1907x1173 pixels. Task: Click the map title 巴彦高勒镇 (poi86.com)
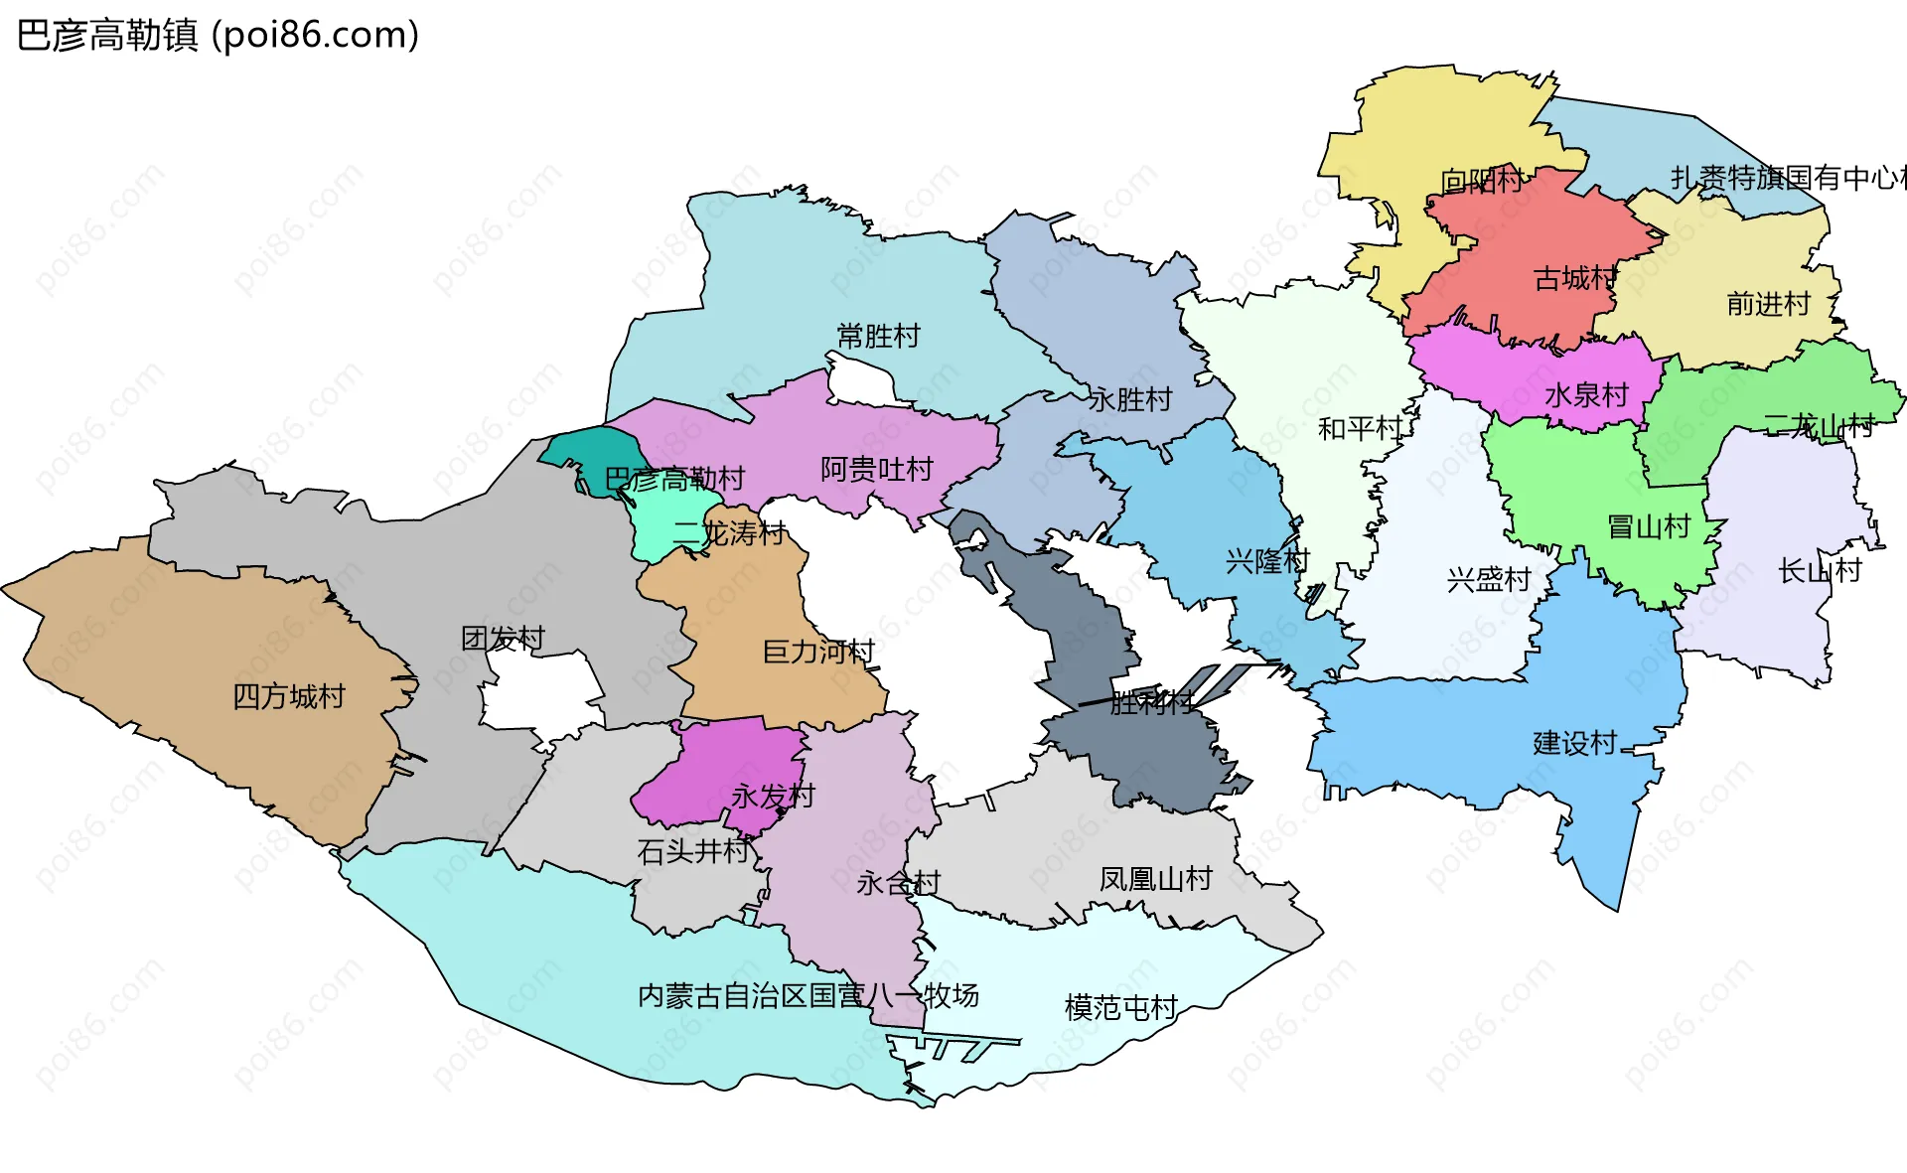click(219, 36)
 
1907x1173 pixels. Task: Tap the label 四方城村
click(289, 696)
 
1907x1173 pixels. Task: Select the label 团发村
click(504, 638)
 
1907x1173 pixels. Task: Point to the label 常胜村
click(878, 336)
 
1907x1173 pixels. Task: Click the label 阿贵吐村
click(877, 469)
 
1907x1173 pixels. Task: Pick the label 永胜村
click(1130, 399)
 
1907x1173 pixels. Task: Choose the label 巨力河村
click(818, 652)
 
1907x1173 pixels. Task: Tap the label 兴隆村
click(1267, 561)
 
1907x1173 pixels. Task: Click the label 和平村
click(1359, 428)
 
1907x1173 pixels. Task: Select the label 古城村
click(1575, 278)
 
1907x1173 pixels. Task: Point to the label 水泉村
click(1587, 395)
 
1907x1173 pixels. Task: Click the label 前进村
click(1768, 304)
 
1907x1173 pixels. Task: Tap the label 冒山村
click(1649, 526)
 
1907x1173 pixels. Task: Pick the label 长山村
click(1819, 570)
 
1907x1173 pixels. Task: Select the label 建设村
click(1575, 743)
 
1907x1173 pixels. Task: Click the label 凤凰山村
click(1155, 879)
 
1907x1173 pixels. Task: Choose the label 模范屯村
click(1120, 1007)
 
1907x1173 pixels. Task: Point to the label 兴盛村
click(1488, 579)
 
